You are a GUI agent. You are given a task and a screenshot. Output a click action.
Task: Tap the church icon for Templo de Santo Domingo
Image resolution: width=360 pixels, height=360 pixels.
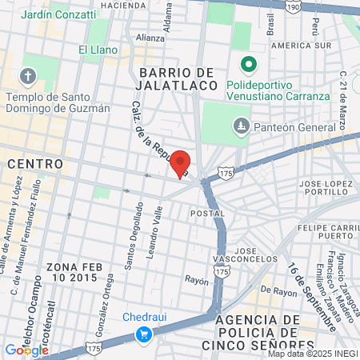click(29, 77)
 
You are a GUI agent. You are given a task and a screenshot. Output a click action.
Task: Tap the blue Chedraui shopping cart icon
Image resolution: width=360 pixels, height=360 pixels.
click(145, 334)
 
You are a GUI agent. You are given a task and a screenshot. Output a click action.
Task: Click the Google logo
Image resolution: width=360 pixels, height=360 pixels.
click(26, 350)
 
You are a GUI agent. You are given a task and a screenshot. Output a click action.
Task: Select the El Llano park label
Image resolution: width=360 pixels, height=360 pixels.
click(98, 50)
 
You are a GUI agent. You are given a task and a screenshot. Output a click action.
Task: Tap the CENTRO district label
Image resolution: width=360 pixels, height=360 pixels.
click(34, 163)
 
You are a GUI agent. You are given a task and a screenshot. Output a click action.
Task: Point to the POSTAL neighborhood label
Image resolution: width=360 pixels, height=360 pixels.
click(202, 214)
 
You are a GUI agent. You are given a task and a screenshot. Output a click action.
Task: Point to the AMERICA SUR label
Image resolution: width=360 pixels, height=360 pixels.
click(301, 46)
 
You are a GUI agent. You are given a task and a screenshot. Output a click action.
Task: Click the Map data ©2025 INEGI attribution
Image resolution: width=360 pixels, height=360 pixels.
click(313, 353)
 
